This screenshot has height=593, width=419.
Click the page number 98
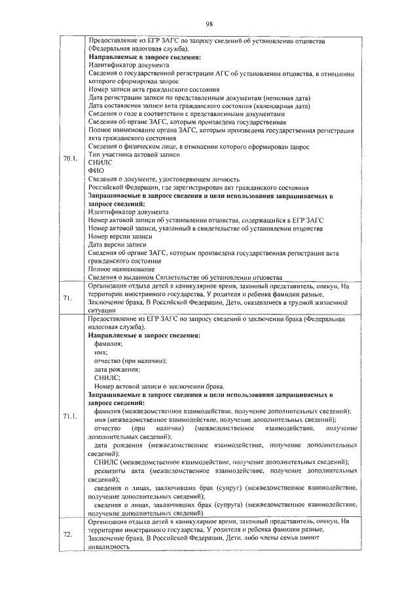click(209, 24)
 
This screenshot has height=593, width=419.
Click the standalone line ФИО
click(96, 170)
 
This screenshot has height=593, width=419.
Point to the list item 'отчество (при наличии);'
click(130, 360)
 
